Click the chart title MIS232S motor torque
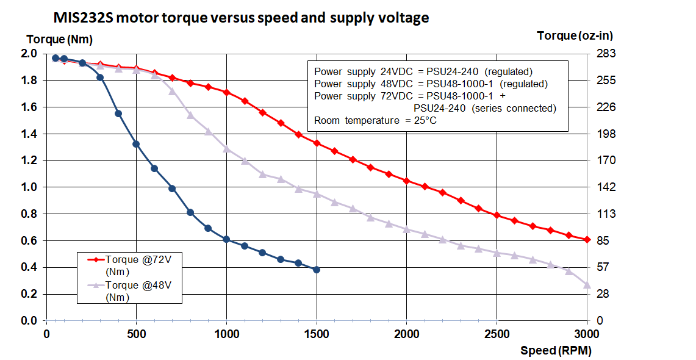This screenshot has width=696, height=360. tap(241, 18)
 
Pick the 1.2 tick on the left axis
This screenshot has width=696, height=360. tap(29, 160)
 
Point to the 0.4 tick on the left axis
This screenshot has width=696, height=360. tap(29, 267)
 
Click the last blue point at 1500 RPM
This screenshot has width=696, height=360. tap(317, 270)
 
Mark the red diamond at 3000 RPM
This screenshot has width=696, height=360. tap(587, 240)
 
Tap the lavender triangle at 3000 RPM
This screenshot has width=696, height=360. tap(587, 285)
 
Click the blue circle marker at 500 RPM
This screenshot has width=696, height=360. tap(136, 144)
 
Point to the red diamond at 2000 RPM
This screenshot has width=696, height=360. tap(407, 181)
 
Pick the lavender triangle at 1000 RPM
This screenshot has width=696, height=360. tap(226, 148)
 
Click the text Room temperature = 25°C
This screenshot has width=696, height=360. tap(375, 121)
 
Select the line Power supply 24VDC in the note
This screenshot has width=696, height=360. tap(423, 71)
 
